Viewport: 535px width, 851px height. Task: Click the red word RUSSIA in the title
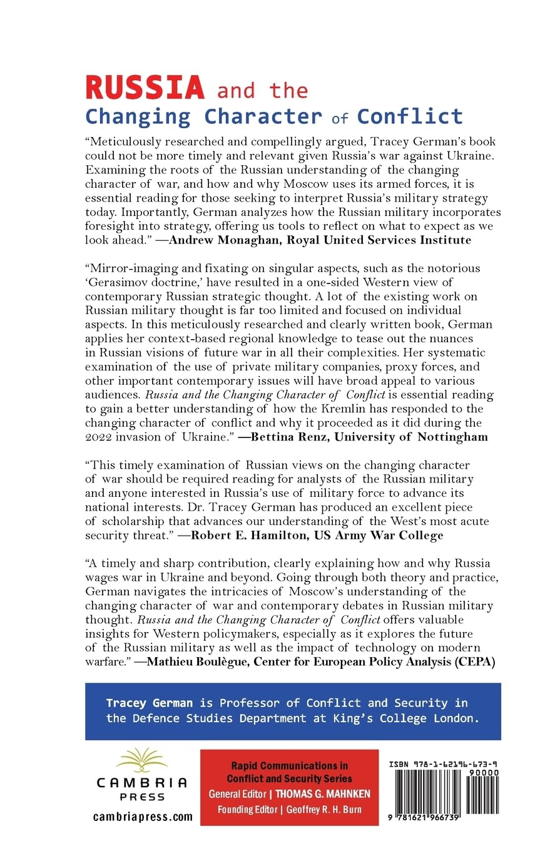pos(145,87)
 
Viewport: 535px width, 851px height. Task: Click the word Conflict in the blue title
pos(410,116)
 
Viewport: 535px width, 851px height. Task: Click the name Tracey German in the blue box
pos(149,703)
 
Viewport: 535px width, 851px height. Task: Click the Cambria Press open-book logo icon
pos(142,762)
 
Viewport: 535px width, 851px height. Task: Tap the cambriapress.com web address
pos(142,817)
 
